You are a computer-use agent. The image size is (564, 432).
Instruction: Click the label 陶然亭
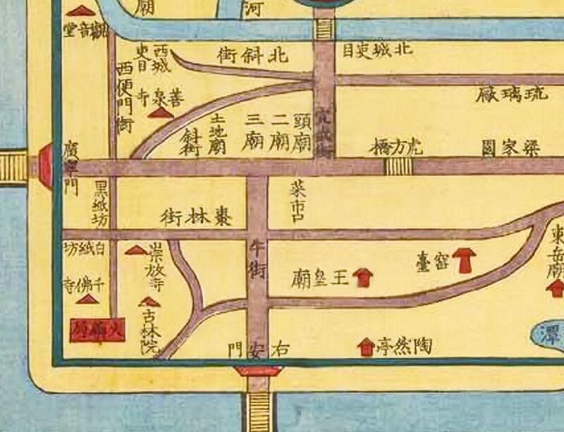click(404, 345)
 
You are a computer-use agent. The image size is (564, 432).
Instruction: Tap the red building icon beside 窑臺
click(464, 259)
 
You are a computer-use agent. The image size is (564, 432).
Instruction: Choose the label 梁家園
click(511, 148)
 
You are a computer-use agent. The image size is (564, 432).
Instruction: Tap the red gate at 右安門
click(258, 371)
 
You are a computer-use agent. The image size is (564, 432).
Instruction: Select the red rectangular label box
click(97, 329)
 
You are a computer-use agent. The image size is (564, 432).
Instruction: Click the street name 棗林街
click(197, 215)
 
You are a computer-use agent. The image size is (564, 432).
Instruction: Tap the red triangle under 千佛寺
click(87, 300)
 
